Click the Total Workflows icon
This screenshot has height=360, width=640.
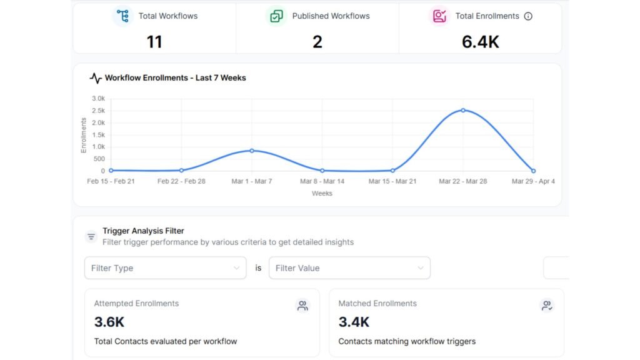(x=122, y=16)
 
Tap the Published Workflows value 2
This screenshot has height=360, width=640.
(x=317, y=41)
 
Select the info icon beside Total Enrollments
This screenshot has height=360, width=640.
(x=528, y=16)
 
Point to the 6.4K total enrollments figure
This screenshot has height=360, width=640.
(x=481, y=41)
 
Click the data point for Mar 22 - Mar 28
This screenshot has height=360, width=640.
(x=463, y=110)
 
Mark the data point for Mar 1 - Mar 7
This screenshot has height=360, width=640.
(x=251, y=151)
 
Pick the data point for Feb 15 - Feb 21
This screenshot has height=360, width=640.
(x=111, y=170)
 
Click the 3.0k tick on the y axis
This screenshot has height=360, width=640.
(x=98, y=99)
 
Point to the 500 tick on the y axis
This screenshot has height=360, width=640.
(x=99, y=159)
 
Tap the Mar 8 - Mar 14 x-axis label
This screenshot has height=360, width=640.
(x=322, y=181)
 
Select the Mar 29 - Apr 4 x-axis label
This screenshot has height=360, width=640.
(x=533, y=181)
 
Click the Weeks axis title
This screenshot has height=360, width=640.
(x=322, y=194)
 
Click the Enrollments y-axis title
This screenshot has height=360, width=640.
(x=84, y=135)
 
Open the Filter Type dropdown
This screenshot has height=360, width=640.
(x=166, y=268)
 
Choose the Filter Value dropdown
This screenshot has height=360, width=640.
(x=349, y=268)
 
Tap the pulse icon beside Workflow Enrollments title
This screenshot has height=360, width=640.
(x=96, y=78)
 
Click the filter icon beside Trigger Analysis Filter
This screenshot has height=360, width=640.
(x=91, y=237)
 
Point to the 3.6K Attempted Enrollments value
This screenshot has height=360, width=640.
(x=109, y=322)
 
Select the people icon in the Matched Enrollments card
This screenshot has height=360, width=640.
(x=546, y=306)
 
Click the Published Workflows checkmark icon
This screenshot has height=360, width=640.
(x=276, y=16)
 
